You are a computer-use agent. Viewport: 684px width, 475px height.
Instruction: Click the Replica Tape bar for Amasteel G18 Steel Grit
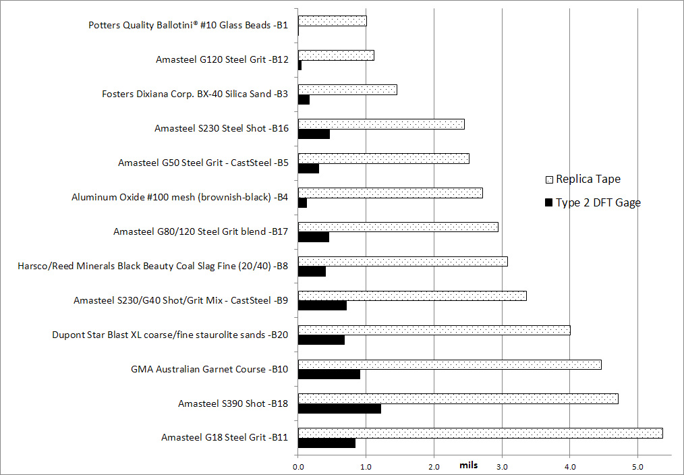coord(480,433)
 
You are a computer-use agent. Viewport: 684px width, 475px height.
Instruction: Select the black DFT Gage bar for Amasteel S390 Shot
coord(339,408)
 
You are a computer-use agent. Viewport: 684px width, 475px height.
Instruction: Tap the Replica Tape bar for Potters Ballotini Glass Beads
coord(332,21)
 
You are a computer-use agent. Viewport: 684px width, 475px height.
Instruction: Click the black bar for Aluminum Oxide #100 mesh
coord(302,203)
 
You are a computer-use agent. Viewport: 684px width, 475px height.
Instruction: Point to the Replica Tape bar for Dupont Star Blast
coord(434,330)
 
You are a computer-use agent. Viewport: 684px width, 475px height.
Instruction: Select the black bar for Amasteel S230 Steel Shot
coord(314,134)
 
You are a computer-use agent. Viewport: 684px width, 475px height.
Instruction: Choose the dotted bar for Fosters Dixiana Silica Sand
coord(347,90)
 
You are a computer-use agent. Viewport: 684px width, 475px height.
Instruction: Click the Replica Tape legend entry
coord(582,179)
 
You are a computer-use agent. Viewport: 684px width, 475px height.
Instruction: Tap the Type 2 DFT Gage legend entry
coord(592,202)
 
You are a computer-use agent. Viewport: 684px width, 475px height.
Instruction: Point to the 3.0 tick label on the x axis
coord(502,466)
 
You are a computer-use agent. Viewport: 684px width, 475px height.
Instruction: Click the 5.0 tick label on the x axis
coord(637,466)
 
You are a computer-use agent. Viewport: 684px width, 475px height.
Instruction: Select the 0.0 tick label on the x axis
coord(298,466)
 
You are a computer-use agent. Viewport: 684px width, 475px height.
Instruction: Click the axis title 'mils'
coord(469,466)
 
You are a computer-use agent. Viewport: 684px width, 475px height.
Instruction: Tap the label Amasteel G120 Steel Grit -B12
coord(222,59)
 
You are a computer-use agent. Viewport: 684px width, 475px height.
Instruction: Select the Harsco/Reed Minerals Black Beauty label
coord(153,266)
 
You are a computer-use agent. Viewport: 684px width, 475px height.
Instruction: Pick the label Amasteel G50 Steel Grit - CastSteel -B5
coord(203,163)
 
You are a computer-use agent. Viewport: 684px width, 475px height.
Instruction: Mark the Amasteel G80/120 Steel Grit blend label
coord(200,231)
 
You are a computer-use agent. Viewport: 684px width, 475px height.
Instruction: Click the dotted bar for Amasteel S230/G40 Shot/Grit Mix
coord(412,296)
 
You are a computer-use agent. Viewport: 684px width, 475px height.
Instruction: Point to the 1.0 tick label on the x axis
coord(366,466)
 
